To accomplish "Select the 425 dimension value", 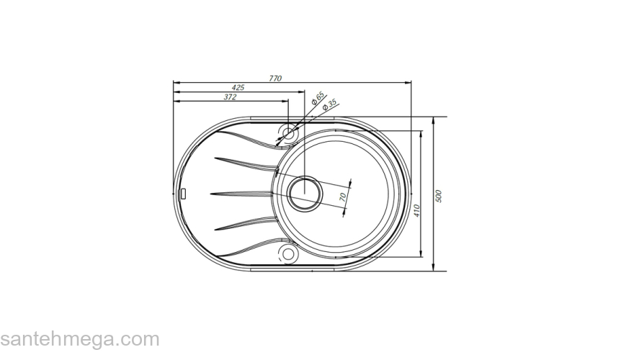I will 238,87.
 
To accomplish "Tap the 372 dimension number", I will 230,96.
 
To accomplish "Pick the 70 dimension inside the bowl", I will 344,195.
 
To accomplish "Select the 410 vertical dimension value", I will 416,211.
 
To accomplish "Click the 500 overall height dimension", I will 438,196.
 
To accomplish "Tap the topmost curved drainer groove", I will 245,138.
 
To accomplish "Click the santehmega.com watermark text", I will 79,339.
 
